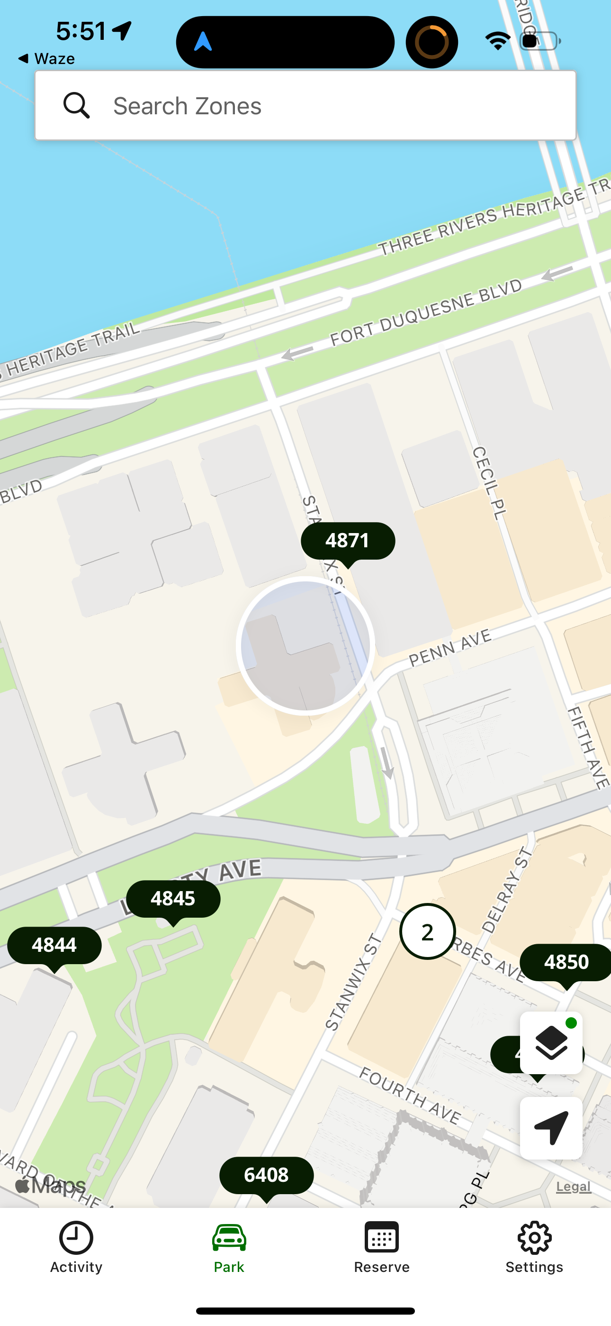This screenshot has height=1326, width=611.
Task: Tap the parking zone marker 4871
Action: pos(348,541)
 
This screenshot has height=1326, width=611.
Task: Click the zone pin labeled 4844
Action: pos(54,946)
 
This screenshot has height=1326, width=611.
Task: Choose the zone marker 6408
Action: pos(266,1175)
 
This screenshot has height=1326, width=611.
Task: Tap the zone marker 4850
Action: pos(565,962)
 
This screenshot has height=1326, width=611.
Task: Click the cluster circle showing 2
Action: pos(427,932)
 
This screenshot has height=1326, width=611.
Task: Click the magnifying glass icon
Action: pos(77,106)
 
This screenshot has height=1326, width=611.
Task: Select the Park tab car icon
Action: pos(229,1238)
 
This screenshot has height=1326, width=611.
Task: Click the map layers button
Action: pos(551,1043)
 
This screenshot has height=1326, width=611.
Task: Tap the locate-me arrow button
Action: pos(551,1128)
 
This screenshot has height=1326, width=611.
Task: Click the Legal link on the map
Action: pos(574,1187)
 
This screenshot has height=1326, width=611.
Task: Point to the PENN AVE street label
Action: pos(450,648)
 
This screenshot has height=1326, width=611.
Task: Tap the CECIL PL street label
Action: pos(489,483)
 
